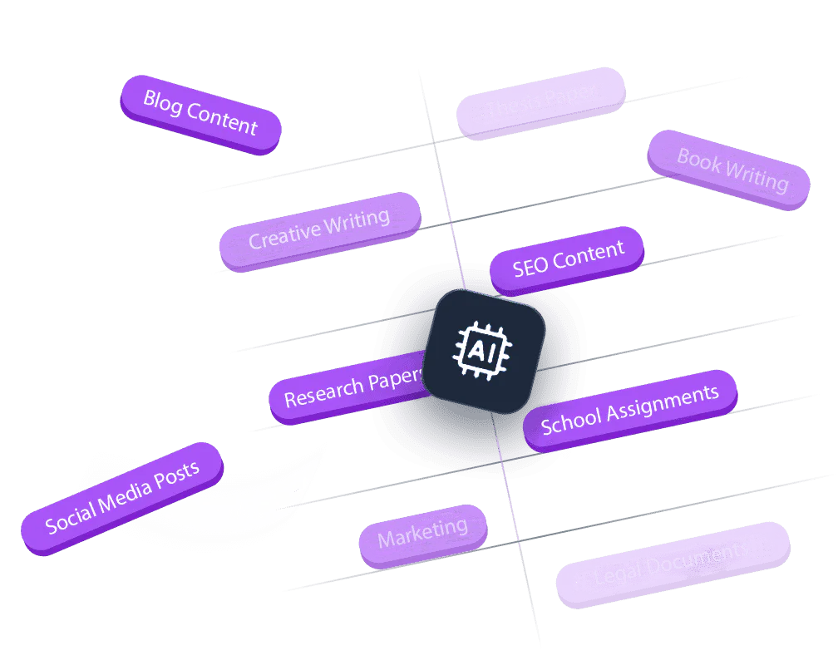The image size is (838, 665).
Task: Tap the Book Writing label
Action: pyautogui.click(x=730, y=170)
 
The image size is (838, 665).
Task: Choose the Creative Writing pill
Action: pyautogui.click(x=319, y=230)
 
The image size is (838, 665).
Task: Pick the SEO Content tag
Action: pyautogui.click(x=567, y=259)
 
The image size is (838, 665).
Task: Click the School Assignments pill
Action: pyautogui.click(x=629, y=411)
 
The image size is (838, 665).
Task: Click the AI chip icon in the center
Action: pyautogui.click(x=484, y=349)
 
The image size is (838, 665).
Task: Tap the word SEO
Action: pyautogui.click(x=530, y=267)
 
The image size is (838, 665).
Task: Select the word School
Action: pyautogui.click(x=569, y=422)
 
